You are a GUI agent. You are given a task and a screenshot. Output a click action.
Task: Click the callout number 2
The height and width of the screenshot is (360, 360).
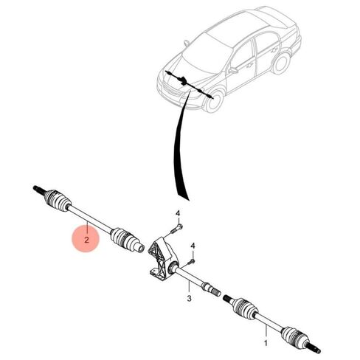tap(86, 240)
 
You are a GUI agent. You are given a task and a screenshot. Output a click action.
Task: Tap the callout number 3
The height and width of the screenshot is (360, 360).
tap(189, 299)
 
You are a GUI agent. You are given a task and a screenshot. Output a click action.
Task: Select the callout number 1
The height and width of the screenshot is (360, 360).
tap(266, 343)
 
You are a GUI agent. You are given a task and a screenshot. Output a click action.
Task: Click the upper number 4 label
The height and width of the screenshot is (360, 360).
tap(178, 213)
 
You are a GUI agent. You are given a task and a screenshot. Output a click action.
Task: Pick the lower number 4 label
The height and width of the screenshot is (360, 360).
tap(193, 246)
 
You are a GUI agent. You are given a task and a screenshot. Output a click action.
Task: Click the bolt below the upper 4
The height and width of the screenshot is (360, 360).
tap(176, 228)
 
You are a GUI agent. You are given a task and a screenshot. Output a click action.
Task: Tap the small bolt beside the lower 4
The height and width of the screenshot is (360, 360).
tap(191, 262)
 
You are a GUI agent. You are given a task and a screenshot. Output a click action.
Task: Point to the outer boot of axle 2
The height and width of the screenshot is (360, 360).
tap(58, 200)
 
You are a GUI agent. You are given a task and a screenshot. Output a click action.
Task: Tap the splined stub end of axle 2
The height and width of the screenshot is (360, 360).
tap(38, 190)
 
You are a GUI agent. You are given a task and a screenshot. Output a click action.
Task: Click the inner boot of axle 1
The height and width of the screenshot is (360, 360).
tap(246, 308)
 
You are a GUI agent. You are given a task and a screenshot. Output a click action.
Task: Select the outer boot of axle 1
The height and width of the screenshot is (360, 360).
tap(294, 336)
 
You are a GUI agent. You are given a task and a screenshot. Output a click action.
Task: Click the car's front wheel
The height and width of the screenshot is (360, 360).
tap(213, 101)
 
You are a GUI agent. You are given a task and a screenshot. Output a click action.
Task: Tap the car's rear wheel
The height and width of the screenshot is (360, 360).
tap(281, 63)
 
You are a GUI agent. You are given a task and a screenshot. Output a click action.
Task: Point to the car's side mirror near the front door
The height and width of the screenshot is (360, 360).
tap(233, 71)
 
